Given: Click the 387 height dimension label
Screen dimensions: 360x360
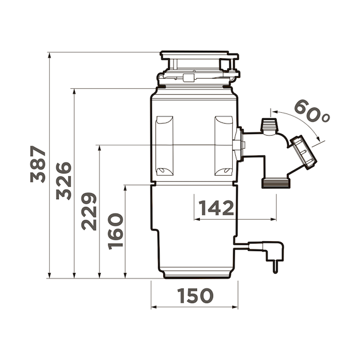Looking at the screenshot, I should pyautogui.click(x=37, y=163).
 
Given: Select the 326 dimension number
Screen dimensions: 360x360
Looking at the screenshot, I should pyautogui.click(x=64, y=181).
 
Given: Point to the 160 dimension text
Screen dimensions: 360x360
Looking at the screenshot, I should pyautogui.click(x=115, y=231).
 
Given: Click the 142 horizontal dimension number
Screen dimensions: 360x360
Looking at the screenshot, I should pyautogui.click(x=216, y=208).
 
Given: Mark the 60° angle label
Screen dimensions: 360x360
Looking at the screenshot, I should pyautogui.click(x=311, y=112).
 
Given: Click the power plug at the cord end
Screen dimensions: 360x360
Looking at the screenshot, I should pyautogui.click(x=274, y=255).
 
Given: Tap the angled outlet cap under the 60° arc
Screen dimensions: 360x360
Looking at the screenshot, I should pyautogui.click(x=304, y=151).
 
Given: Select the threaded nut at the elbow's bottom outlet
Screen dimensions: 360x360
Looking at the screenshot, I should pyautogui.click(x=276, y=182).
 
